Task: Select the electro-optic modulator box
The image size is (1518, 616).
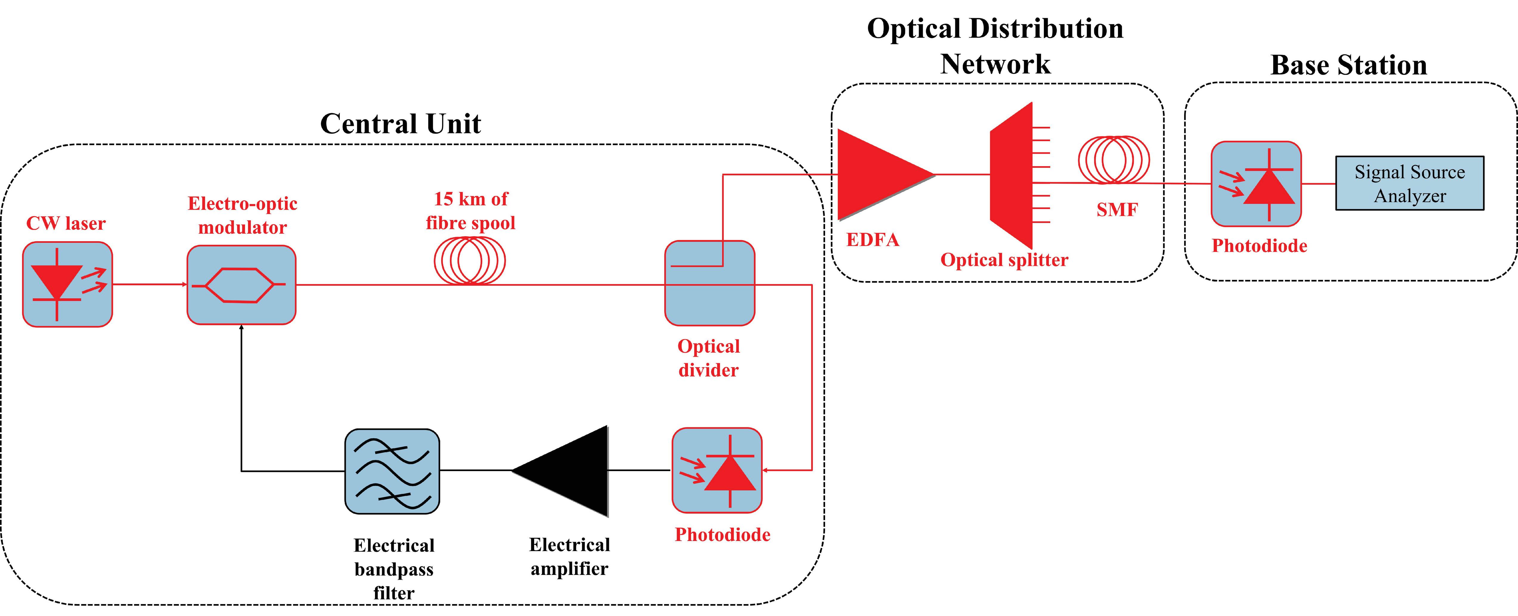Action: pos(241,284)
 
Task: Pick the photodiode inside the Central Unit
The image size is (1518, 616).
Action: pos(717,470)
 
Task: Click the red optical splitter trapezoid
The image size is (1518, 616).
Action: pos(1011,175)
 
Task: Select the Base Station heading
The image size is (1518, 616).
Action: pos(1348,65)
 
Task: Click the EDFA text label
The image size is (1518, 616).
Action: pos(873,240)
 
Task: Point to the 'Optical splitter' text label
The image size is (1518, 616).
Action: pos(1004,260)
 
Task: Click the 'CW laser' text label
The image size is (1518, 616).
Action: pos(66,223)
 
